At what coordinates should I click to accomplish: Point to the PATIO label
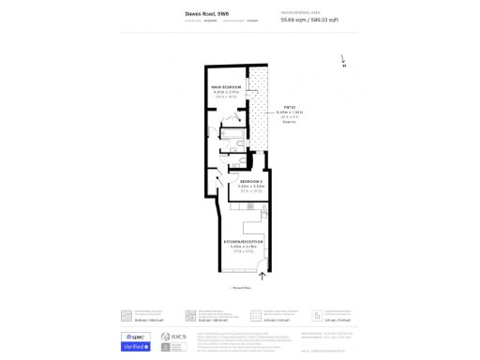pyautogui.click(x=290, y=107)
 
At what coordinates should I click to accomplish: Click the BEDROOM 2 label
pyautogui.click(x=252, y=181)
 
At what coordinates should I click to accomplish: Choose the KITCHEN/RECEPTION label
pyautogui.click(x=242, y=242)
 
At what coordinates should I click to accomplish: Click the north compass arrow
pyautogui.click(x=343, y=60)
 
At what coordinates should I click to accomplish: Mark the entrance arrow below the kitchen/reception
pyautogui.click(x=262, y=276)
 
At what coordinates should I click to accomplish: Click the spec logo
pyautogui.click(x=136, y=336)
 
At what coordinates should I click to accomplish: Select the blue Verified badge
pyautogui.click(x=136, y=346)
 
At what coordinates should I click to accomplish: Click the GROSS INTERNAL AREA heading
pyautogui.click(x=301, y=12)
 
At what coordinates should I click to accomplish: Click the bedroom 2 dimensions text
pyautogui.click(x=252, y=187)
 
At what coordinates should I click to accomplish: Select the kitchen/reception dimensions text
pyautogui.click(x=242, y=247)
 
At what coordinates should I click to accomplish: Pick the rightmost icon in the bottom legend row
pyautogui.click(x=317, y=316)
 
